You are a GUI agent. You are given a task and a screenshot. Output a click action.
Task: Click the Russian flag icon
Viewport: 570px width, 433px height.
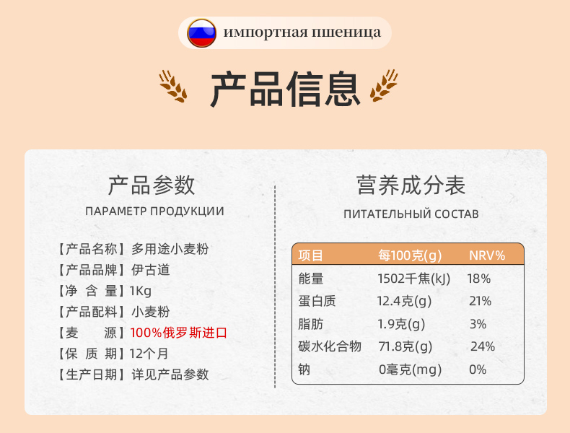pos(201,32)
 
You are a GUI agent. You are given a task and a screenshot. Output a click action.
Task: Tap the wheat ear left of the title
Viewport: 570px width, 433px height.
pos(173,86)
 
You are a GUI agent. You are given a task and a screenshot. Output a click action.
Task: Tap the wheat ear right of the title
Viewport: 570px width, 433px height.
pos(384,85)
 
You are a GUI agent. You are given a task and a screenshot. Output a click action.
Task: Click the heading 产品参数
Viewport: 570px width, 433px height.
pos(152,185)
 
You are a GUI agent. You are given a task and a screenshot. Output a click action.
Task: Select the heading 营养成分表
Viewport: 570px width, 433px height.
pos(411,185)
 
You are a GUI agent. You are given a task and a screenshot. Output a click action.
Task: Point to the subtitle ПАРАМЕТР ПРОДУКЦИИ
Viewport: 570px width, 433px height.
pos(155,211)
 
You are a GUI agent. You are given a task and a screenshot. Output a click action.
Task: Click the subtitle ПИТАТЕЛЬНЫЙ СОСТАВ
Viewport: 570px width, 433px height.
pos(411,214)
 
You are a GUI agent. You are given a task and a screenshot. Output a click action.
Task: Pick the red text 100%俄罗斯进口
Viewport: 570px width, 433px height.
pos(178,333)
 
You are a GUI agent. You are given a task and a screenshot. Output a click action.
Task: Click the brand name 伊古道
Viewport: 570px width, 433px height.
pos(151,270)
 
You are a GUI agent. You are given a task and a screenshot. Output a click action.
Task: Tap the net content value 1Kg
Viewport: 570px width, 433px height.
pos(140,291)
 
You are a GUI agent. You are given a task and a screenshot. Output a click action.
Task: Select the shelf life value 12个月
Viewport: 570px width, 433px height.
pos(149,354)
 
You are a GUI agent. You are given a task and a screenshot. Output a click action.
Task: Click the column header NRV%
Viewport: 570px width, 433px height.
pos(487,255)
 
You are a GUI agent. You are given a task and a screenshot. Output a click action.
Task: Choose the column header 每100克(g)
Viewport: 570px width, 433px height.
pos(410,255)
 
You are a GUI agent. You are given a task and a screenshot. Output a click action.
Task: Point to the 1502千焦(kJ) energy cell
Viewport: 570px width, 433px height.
pos(413,279)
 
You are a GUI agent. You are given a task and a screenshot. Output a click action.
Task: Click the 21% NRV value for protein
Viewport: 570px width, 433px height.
pos(481,301)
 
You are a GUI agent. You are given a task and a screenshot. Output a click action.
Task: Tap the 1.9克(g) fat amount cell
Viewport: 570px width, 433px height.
pos(401,324)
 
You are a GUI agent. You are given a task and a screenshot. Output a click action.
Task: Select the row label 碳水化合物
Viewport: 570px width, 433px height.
pos(330,346)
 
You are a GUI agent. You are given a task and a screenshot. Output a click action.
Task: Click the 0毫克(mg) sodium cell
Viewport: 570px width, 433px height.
pos(410,369)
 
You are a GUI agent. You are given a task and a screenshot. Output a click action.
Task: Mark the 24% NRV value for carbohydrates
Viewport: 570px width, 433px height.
pos(483,346)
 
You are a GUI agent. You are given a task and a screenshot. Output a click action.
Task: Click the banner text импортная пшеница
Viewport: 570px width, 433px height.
pos(302,32)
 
